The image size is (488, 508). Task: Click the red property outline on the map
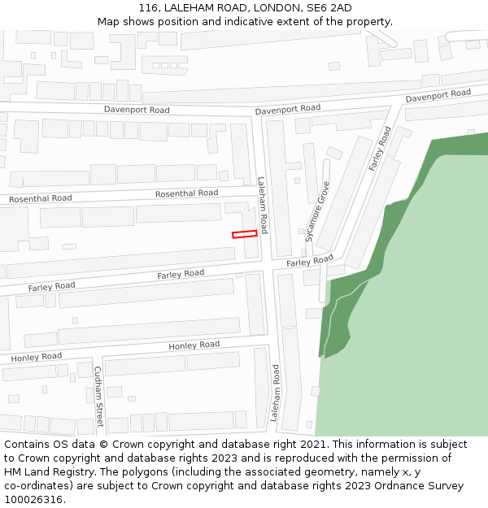point(245,234)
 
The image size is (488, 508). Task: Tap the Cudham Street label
point(98,397)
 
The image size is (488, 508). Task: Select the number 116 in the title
point(148,8)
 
